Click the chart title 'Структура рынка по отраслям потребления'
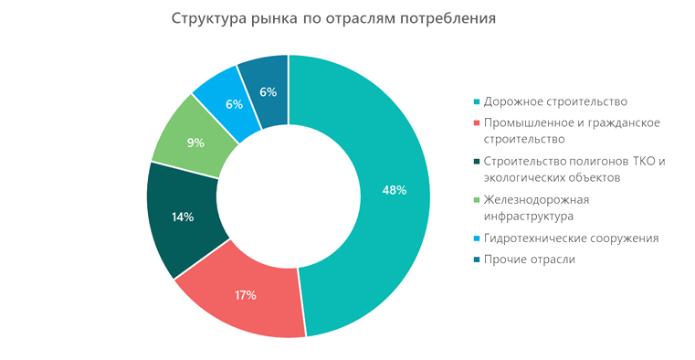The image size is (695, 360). tap(333, 18)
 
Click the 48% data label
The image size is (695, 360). tap(395, 190)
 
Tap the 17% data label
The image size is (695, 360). tap(245, 295)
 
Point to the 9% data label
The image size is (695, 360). tap(195, 143)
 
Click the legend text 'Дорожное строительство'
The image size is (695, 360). tap(556, 101)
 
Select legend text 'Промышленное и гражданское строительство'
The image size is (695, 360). tap(570, 131)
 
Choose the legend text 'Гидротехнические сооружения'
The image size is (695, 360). tap(571, 238)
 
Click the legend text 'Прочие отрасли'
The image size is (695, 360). tap(529, 260)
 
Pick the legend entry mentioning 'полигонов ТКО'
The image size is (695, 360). tap(574, 170)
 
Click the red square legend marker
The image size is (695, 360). tap(476, 122)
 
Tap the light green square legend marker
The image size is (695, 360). tap(476, 201)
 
